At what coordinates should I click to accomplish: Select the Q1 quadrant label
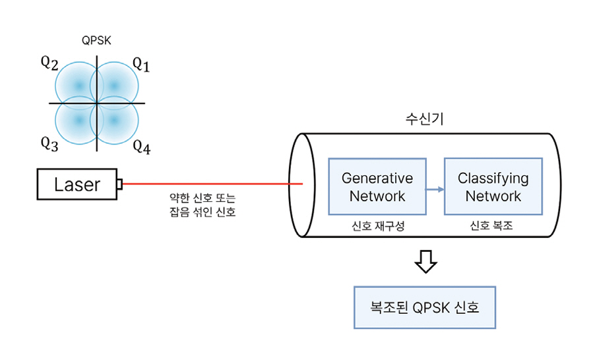point(141,64)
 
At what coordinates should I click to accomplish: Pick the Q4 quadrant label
point(141,147)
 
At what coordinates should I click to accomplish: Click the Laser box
point(77,185)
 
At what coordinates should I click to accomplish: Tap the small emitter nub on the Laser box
point(119,185)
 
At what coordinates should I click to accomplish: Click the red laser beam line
point(211,185)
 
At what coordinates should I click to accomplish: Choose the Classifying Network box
point(493,187)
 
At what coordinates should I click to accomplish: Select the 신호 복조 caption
point(491,225)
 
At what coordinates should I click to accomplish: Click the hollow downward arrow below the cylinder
point(425,262)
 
